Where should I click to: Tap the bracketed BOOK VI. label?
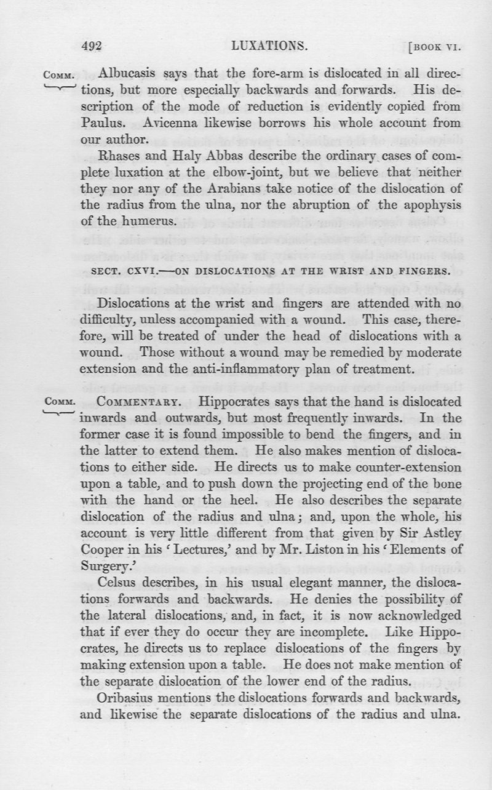[434, 47]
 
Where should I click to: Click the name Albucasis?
[130, 74]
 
